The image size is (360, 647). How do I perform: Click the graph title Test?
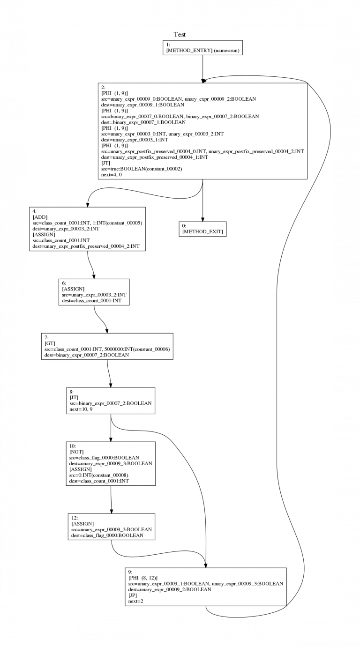[180, 34]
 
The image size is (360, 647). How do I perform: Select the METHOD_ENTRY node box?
[202, 47]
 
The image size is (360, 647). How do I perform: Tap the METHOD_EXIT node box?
[202, 229]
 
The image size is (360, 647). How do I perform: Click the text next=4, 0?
[112, 175]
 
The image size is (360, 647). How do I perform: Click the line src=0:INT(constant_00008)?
[99, 475]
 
